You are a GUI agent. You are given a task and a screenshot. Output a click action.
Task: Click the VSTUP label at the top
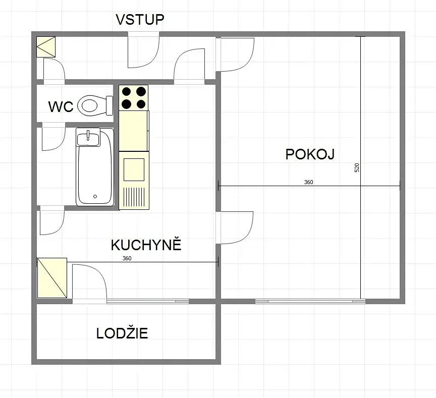tap(140, 20)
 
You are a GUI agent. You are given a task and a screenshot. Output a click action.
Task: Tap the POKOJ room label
tap(310, 154)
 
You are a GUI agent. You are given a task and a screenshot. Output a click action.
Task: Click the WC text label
tap(61, 107)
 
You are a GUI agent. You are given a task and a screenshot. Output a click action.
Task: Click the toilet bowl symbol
tap(95, 105)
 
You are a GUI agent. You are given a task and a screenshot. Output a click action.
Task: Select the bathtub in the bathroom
tap(95, 167)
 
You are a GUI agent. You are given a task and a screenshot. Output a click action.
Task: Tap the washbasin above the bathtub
tap(88, 137)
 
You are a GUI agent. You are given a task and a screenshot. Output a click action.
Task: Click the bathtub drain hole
tap(95, 197)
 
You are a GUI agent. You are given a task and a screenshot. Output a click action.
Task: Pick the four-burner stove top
tap(133, 97)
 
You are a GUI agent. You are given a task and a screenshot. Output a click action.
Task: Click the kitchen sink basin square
tap(134, 169)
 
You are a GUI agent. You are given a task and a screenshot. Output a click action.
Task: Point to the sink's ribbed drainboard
tap(134, 197)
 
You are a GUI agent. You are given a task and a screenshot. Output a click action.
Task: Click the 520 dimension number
tap(357, 167)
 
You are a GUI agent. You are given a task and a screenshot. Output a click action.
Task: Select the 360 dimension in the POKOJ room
tap(309, 182)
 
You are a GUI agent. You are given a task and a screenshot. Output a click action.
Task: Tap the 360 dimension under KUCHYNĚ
tap(127, 258)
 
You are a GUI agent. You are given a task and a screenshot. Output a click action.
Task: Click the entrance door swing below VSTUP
tap(143, 52)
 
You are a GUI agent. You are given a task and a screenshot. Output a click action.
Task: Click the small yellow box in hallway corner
tap(46, 47)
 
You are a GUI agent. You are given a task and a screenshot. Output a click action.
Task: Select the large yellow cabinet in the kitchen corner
tap(52, 277)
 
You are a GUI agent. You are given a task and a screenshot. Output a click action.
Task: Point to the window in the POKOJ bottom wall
tap(310, 301)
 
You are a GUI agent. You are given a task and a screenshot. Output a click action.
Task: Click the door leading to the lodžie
tap(89, 281)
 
